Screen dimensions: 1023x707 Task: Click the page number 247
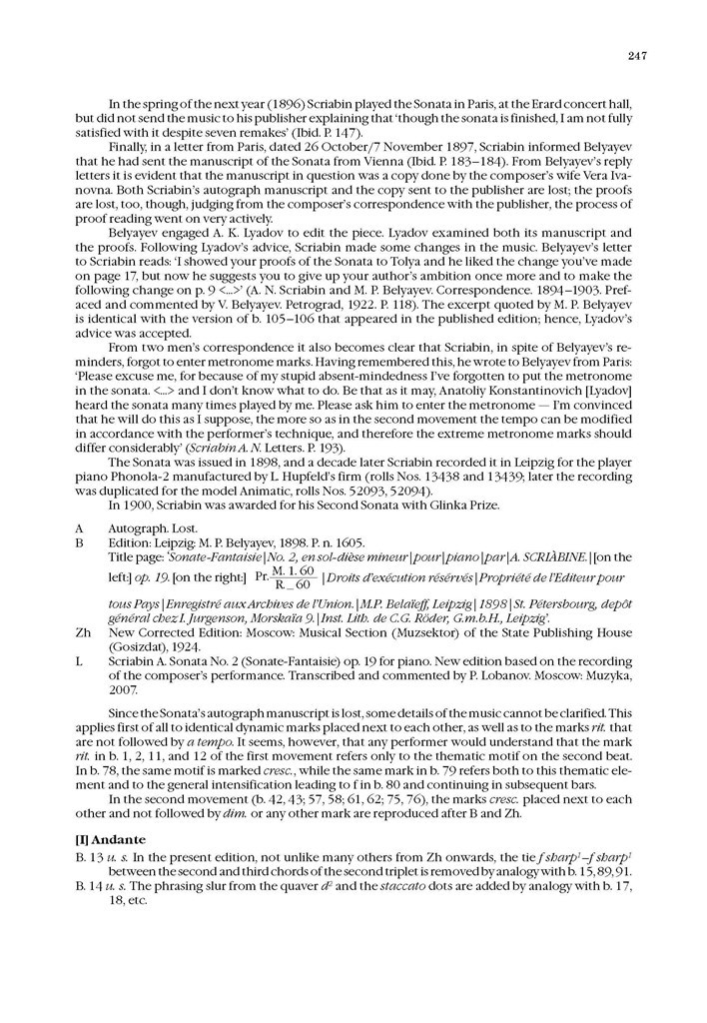click(638, 56)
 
